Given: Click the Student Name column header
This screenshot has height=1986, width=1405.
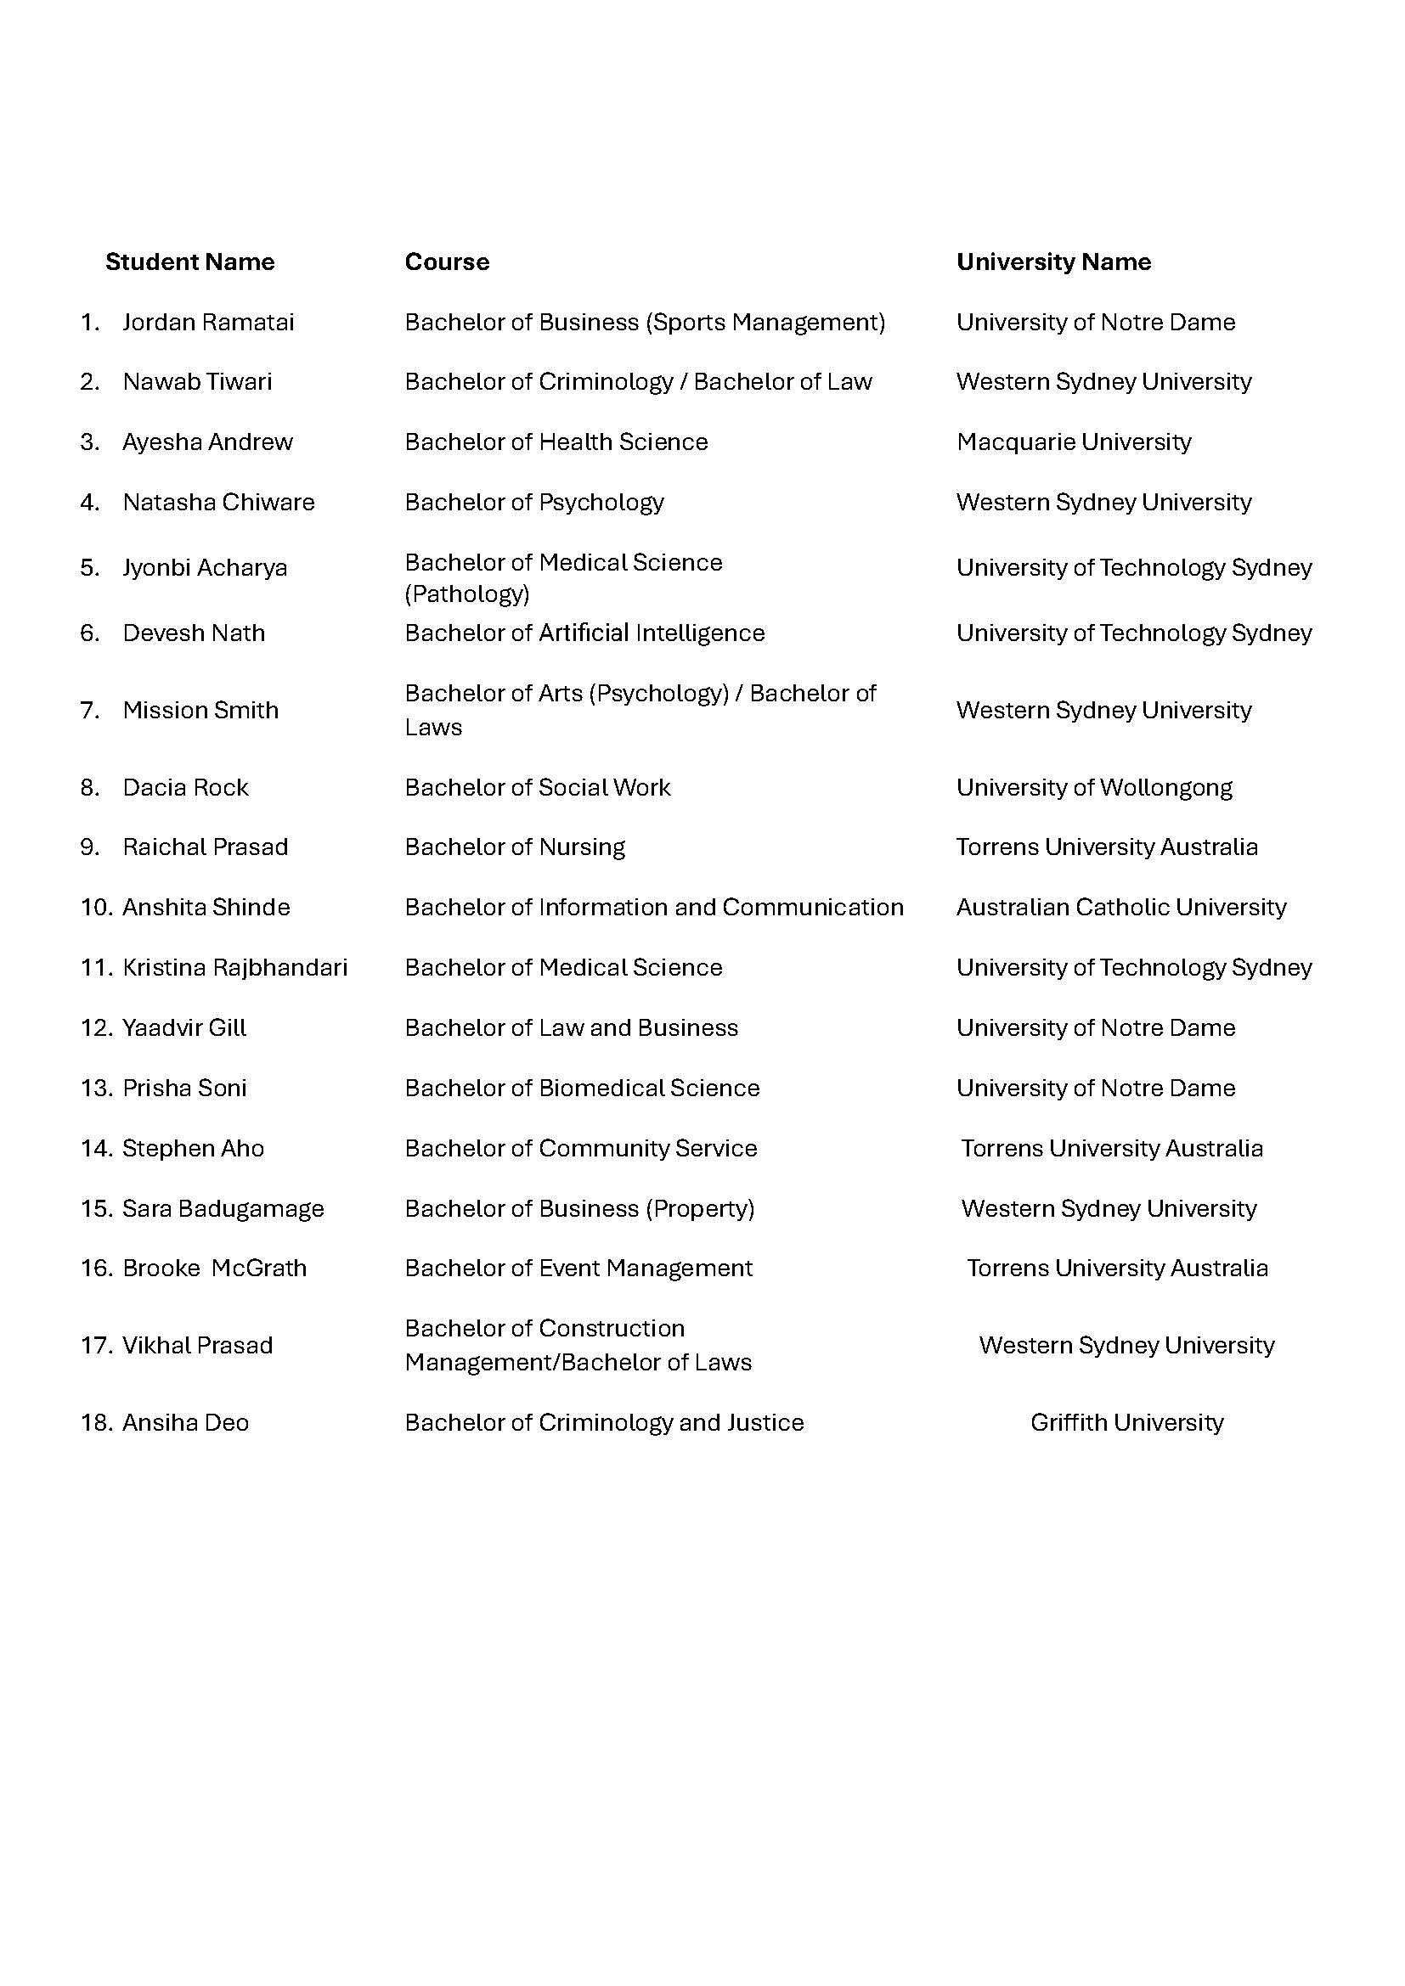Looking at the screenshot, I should coord(189,262).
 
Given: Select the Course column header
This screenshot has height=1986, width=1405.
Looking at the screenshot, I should coord(447,262).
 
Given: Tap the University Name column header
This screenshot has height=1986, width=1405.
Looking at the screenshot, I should coord(1052,262).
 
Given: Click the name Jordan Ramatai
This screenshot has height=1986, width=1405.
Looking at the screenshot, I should coord(207,323).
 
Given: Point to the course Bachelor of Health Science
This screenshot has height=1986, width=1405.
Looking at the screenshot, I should coord(556,442).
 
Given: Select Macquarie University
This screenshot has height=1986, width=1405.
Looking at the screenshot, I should coord(1073,442).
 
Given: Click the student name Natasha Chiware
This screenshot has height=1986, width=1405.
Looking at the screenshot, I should coord(218,503).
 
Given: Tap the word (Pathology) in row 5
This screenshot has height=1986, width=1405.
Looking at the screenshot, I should coord(466,594).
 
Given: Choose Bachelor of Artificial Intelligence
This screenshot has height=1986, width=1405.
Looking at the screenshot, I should coord(584,633).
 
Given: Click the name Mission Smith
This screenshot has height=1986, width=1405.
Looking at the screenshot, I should coord(200,710).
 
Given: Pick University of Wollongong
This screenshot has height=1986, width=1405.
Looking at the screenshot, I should coord(1093,788).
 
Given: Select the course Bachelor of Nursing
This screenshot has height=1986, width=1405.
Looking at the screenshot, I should coord(514,847).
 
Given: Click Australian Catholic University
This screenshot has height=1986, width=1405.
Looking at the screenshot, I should coord(1120,908).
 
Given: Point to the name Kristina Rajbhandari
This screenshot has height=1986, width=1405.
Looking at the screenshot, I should coord(234,968).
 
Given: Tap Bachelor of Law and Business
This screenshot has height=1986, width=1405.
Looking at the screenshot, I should coord(571,1028).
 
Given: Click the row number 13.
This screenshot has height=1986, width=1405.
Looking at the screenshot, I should coord(95,1089).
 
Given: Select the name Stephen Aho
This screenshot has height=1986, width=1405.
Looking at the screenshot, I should coord(193,1149).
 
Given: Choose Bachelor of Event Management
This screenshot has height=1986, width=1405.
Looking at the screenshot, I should coord(578,1269).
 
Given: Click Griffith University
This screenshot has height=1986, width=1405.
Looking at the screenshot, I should coord(1126,1423).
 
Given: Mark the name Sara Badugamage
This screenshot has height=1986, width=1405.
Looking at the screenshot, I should coord(223,1209).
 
